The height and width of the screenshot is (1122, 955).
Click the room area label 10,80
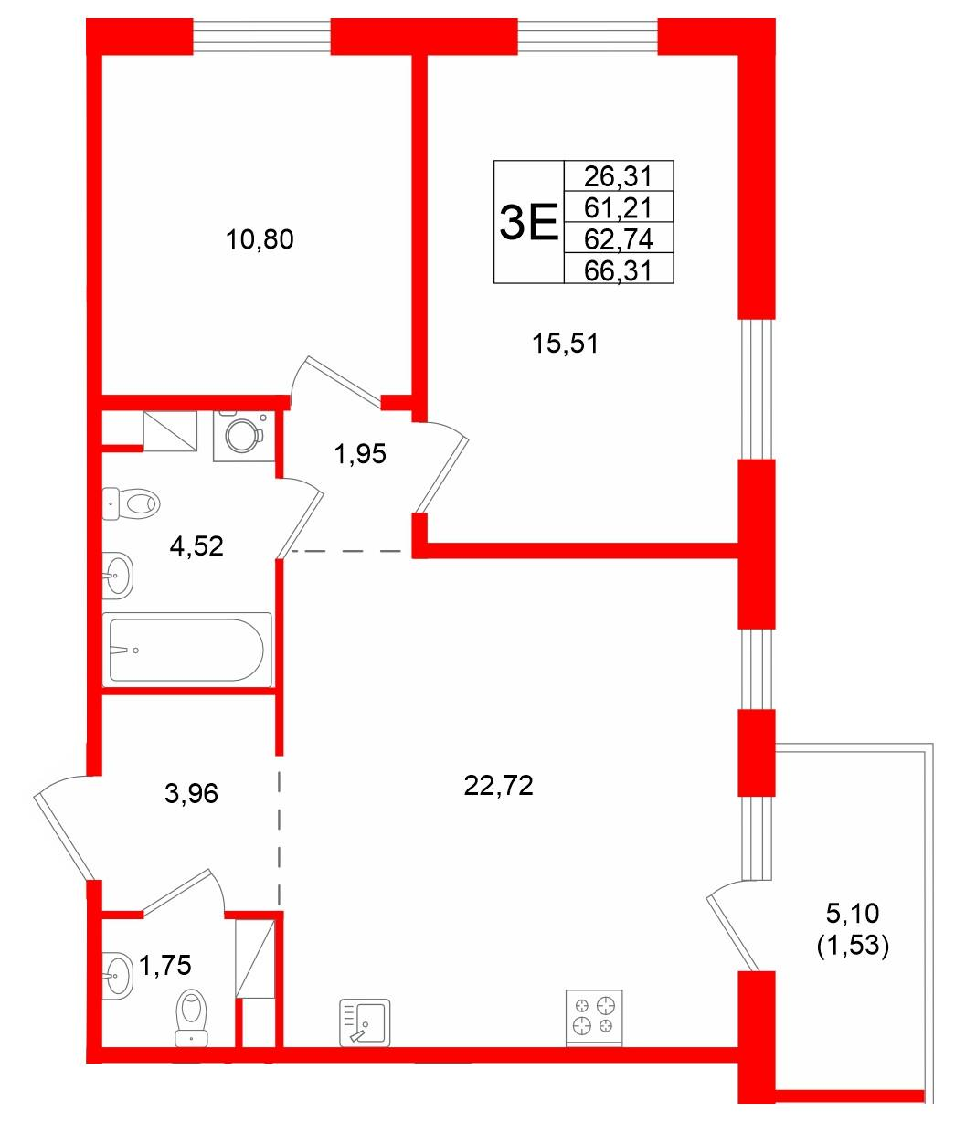260,239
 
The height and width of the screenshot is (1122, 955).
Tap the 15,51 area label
565,344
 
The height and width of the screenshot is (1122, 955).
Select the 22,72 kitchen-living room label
498,786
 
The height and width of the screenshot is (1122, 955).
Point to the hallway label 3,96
191,794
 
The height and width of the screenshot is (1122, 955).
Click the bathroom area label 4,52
196,546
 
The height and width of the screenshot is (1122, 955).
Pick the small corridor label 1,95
360,454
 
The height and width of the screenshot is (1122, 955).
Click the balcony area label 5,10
853,914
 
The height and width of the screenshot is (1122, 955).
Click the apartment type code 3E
529,221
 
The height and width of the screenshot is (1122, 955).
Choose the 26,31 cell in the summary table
619,175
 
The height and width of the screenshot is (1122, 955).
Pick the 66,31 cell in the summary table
619,270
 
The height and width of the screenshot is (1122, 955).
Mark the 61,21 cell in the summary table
619,206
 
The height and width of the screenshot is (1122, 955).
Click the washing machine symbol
244,436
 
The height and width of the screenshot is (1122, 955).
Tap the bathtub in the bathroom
186,650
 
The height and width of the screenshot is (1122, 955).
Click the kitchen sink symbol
365,1022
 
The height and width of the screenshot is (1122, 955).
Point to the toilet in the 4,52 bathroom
131,504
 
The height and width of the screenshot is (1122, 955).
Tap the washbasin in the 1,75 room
118,976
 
